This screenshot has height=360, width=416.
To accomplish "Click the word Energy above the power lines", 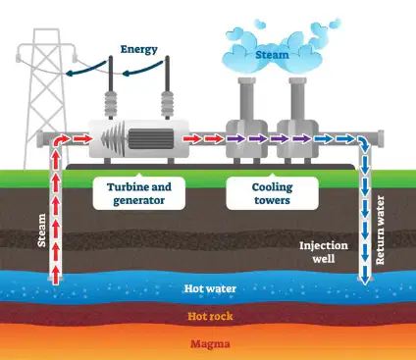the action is (139, 49).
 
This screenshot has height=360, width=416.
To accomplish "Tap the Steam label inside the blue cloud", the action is (272, 54).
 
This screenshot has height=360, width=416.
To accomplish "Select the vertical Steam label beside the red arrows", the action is (41, 231).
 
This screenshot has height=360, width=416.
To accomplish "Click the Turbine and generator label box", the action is (139, 193).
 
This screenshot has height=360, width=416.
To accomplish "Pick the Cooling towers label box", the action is (272, 193).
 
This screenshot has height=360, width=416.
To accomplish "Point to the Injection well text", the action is (324, 252).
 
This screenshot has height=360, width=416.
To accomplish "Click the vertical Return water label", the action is (380, 231).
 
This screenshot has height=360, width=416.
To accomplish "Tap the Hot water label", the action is (210, 288).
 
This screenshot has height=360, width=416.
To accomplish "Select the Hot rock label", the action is (210, 316).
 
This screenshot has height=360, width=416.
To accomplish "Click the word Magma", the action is (210, 344).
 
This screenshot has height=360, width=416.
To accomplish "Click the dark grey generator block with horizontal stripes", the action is (151, 138).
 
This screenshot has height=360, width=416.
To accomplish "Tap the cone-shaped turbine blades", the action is (114, 139).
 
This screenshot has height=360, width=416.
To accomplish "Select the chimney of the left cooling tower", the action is (246, 99).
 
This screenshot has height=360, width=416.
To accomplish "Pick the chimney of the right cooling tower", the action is (297, 99).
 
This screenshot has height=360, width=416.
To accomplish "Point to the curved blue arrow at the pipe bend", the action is (364, 142).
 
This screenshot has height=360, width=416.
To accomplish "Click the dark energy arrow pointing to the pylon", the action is (85, 70).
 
